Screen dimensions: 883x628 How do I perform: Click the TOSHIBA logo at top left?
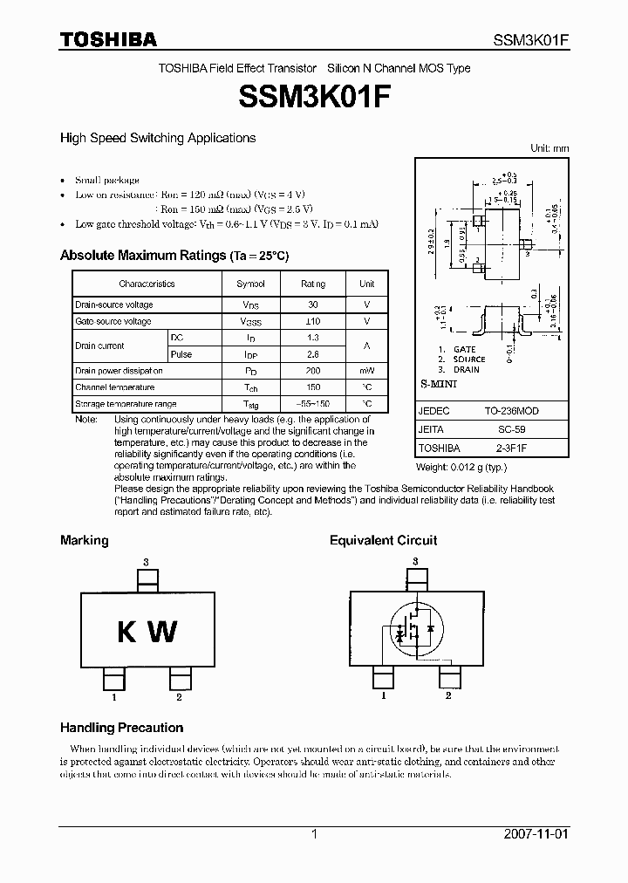click(107, 38)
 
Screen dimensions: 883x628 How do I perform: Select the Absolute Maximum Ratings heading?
click(174, 256)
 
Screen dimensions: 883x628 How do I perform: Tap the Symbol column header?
click(250, 284)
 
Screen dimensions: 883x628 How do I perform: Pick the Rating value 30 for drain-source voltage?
click(313, 305)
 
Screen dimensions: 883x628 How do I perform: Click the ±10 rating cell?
click(313, 321)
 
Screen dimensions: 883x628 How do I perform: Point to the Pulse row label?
click(181, 354)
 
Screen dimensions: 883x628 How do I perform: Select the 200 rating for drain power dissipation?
click(313, 371)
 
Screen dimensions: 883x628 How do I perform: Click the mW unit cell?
click(367, 371)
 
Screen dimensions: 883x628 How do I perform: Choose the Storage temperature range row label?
click(126, 404)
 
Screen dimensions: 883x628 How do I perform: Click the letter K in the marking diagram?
click(127, 631)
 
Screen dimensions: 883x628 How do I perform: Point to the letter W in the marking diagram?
click(162, 631)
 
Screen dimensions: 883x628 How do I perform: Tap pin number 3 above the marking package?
click(146, 561)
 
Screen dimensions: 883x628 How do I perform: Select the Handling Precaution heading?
click(121, 728)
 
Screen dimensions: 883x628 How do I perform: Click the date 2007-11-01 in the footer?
click(536, 833)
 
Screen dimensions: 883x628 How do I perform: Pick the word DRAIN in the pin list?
click(467, 369)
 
